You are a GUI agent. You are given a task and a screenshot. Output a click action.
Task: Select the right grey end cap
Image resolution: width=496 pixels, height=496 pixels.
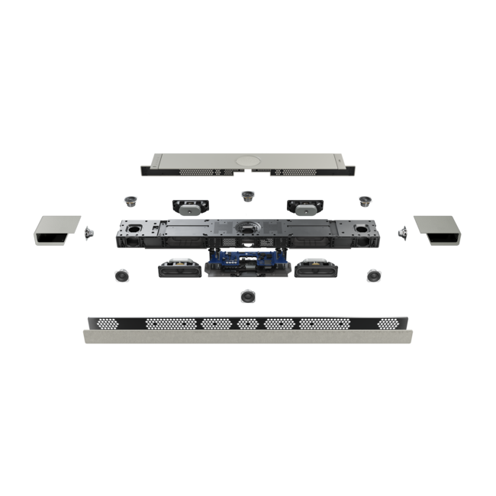point(438,230)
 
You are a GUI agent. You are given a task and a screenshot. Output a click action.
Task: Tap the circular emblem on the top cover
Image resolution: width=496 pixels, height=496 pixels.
point(247,162)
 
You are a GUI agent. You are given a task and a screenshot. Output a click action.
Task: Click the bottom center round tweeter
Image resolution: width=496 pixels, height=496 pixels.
point(247,296)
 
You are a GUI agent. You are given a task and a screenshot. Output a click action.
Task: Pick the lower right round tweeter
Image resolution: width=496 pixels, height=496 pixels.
point(374,275)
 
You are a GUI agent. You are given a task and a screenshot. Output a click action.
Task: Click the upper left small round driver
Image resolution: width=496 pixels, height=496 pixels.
point(130,201)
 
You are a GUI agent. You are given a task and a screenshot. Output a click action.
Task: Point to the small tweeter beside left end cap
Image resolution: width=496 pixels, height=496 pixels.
point(89,230)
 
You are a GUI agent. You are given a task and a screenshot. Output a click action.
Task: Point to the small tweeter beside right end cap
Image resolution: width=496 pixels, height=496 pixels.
point(401,230)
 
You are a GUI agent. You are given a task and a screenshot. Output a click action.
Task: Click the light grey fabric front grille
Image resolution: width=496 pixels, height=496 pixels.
point(247,337)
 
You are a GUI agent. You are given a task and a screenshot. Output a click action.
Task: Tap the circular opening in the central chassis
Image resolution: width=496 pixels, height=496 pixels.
point(247,227)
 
